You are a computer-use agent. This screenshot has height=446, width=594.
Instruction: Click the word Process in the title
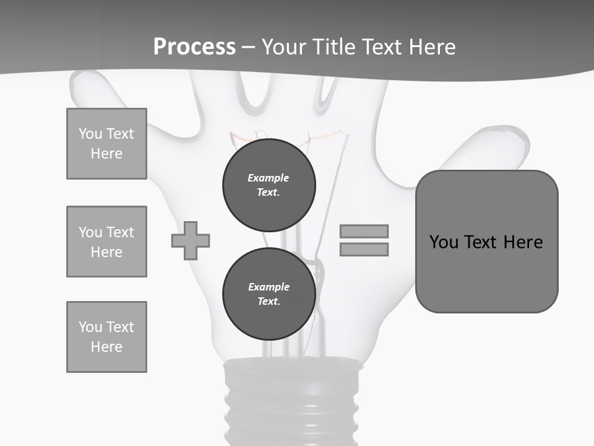(x=194, y=47)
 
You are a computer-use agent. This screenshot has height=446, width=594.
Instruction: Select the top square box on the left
(x=106, y=144)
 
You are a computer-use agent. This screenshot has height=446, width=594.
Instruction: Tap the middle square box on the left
(x=106, y=242)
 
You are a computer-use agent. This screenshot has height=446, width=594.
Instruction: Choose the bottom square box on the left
(x=106, y=337)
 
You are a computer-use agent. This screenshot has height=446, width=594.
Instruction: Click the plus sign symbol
(x=191, y=241)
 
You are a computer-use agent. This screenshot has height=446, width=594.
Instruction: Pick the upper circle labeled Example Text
(x=269, y=185)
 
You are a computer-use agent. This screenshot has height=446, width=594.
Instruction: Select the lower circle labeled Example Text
(x=269, y=294)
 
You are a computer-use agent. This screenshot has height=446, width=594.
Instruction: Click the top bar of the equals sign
(x=364, y=231)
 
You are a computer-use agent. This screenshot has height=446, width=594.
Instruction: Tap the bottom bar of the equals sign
(x=364, y=250)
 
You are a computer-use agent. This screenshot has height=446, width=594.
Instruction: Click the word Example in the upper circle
(x=268, y=178)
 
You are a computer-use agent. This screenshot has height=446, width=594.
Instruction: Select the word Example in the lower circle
(x=269, y=287)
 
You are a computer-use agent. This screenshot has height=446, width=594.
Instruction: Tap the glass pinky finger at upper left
(x=93, y=90)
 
